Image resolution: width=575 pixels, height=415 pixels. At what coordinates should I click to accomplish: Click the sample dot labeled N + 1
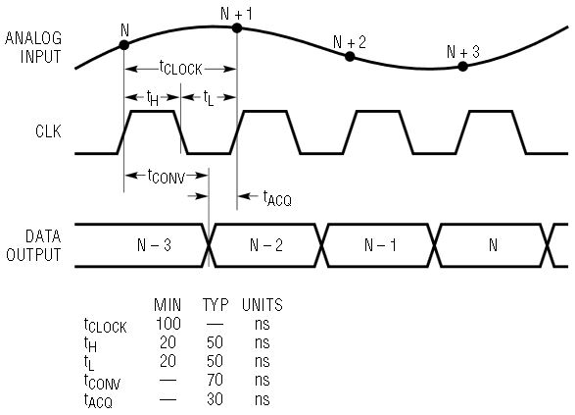click(x=237, y=27)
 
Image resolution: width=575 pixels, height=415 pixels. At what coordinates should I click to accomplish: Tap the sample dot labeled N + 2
click(x=350, y=57)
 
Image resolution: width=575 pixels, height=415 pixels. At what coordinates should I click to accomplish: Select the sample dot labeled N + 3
click(x=462, y=67)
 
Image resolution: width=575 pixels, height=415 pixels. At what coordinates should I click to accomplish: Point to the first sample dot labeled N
click(x=124, y=45)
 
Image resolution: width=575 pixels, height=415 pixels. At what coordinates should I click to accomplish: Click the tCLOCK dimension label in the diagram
click(x=181, y=68)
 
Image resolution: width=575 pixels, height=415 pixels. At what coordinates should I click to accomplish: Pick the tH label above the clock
click(x=153, y=98)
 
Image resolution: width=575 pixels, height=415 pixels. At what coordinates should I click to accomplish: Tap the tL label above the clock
click(x=209, y=98)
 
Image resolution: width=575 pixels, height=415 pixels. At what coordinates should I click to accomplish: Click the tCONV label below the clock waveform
click(x=167, y=177)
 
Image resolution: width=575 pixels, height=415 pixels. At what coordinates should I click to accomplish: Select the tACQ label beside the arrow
click(x=277, y=199)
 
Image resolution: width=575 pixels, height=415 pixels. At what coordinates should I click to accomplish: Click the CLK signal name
click(x=48, y=131)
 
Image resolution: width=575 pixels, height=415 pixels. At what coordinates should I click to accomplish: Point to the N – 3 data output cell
click(x=154, y=245)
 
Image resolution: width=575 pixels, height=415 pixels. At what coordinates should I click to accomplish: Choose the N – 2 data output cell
click(x=266, y=245)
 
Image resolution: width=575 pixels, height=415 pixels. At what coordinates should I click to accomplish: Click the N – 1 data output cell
click(x=380, y=245)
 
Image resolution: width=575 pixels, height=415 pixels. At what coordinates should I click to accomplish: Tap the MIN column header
click(x=168, y=305)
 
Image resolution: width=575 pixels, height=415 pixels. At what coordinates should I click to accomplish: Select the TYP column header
click(x=216, y=305)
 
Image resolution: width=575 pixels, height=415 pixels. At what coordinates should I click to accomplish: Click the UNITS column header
click(x=263, y=305)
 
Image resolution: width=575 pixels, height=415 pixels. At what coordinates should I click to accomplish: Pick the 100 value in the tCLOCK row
click(x=168, y=324)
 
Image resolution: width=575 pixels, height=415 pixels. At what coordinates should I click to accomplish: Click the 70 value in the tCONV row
click(x=215, y=380)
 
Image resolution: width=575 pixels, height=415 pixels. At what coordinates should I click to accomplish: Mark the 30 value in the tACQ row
click(x=215, y=399)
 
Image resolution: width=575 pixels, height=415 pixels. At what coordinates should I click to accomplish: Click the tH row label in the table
click(x=90, y=344)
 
